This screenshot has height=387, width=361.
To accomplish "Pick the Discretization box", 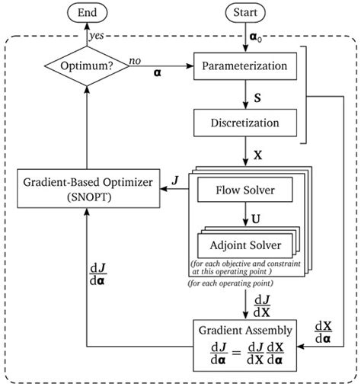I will tap(245, 123).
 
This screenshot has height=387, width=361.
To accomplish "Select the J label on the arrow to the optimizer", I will tap(175, 181).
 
